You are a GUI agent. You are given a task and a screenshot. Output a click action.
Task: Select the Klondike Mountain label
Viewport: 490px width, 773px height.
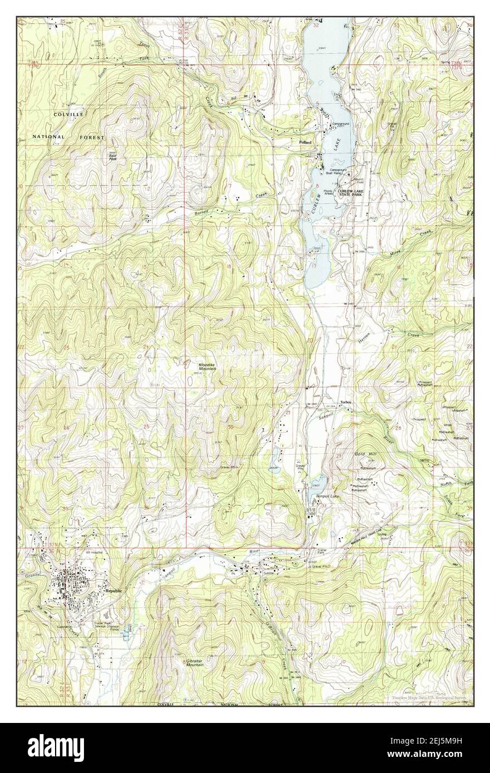207,366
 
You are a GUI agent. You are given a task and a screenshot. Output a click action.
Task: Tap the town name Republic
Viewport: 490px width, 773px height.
113,591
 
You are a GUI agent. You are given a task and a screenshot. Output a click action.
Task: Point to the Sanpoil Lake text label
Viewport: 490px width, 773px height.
327,495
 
